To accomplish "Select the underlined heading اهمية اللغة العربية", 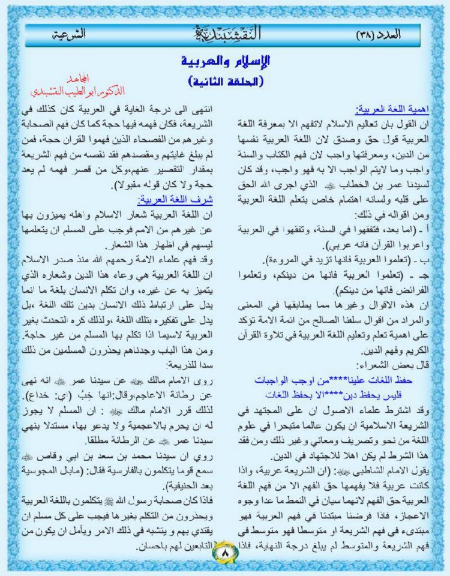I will (x=396, y=110).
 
